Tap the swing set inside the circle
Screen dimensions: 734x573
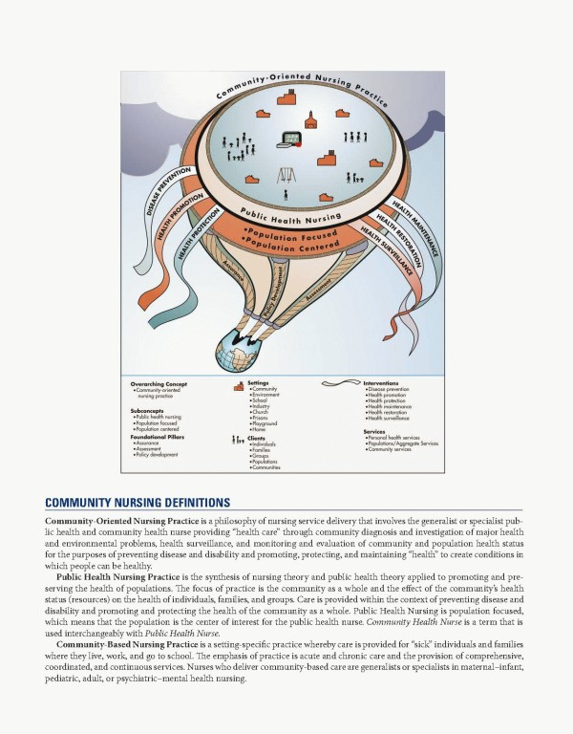click(285, 176)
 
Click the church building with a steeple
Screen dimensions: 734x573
click(310, 118)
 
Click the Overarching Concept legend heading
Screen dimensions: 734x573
click(161, 384)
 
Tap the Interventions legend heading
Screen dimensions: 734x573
click(383, 383)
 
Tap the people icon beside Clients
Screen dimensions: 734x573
click(237, 440)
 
